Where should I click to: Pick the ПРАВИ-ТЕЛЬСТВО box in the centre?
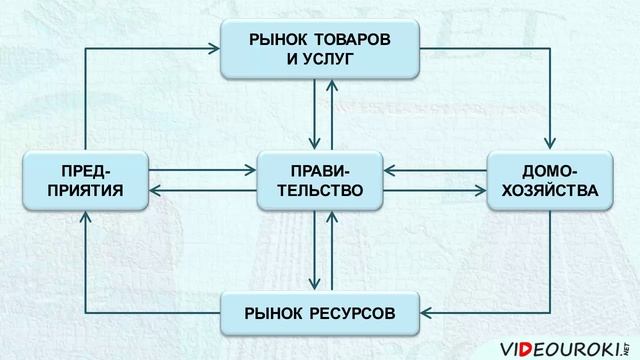pyautogui.click(x=320, y=180)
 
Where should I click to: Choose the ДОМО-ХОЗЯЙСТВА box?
pyautogui.click(x=549, y=180)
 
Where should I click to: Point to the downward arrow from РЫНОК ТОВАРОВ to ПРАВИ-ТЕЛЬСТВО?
pyautogui.click(x=313, y=115)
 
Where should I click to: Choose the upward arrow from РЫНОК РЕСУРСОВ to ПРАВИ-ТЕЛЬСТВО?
pyautogui.click(x=330, y=250)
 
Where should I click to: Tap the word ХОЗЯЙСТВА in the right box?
pyautogui.click(x=549, y=190)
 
